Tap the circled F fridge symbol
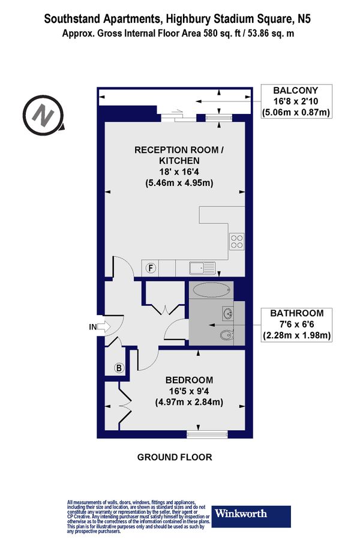tap(151, 268)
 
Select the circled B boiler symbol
tap(119, 367)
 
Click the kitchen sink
tap(197, 268)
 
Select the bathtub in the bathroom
tap(212, 290)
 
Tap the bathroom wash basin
tap(227, 313)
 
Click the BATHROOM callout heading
tap(297, 313)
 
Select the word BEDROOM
tap(189, 380)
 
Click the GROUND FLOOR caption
tap(175, 457)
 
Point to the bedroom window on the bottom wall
tap(207, 433)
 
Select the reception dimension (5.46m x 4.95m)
tap(175, 183)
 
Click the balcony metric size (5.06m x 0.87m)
tap(296, 112)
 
